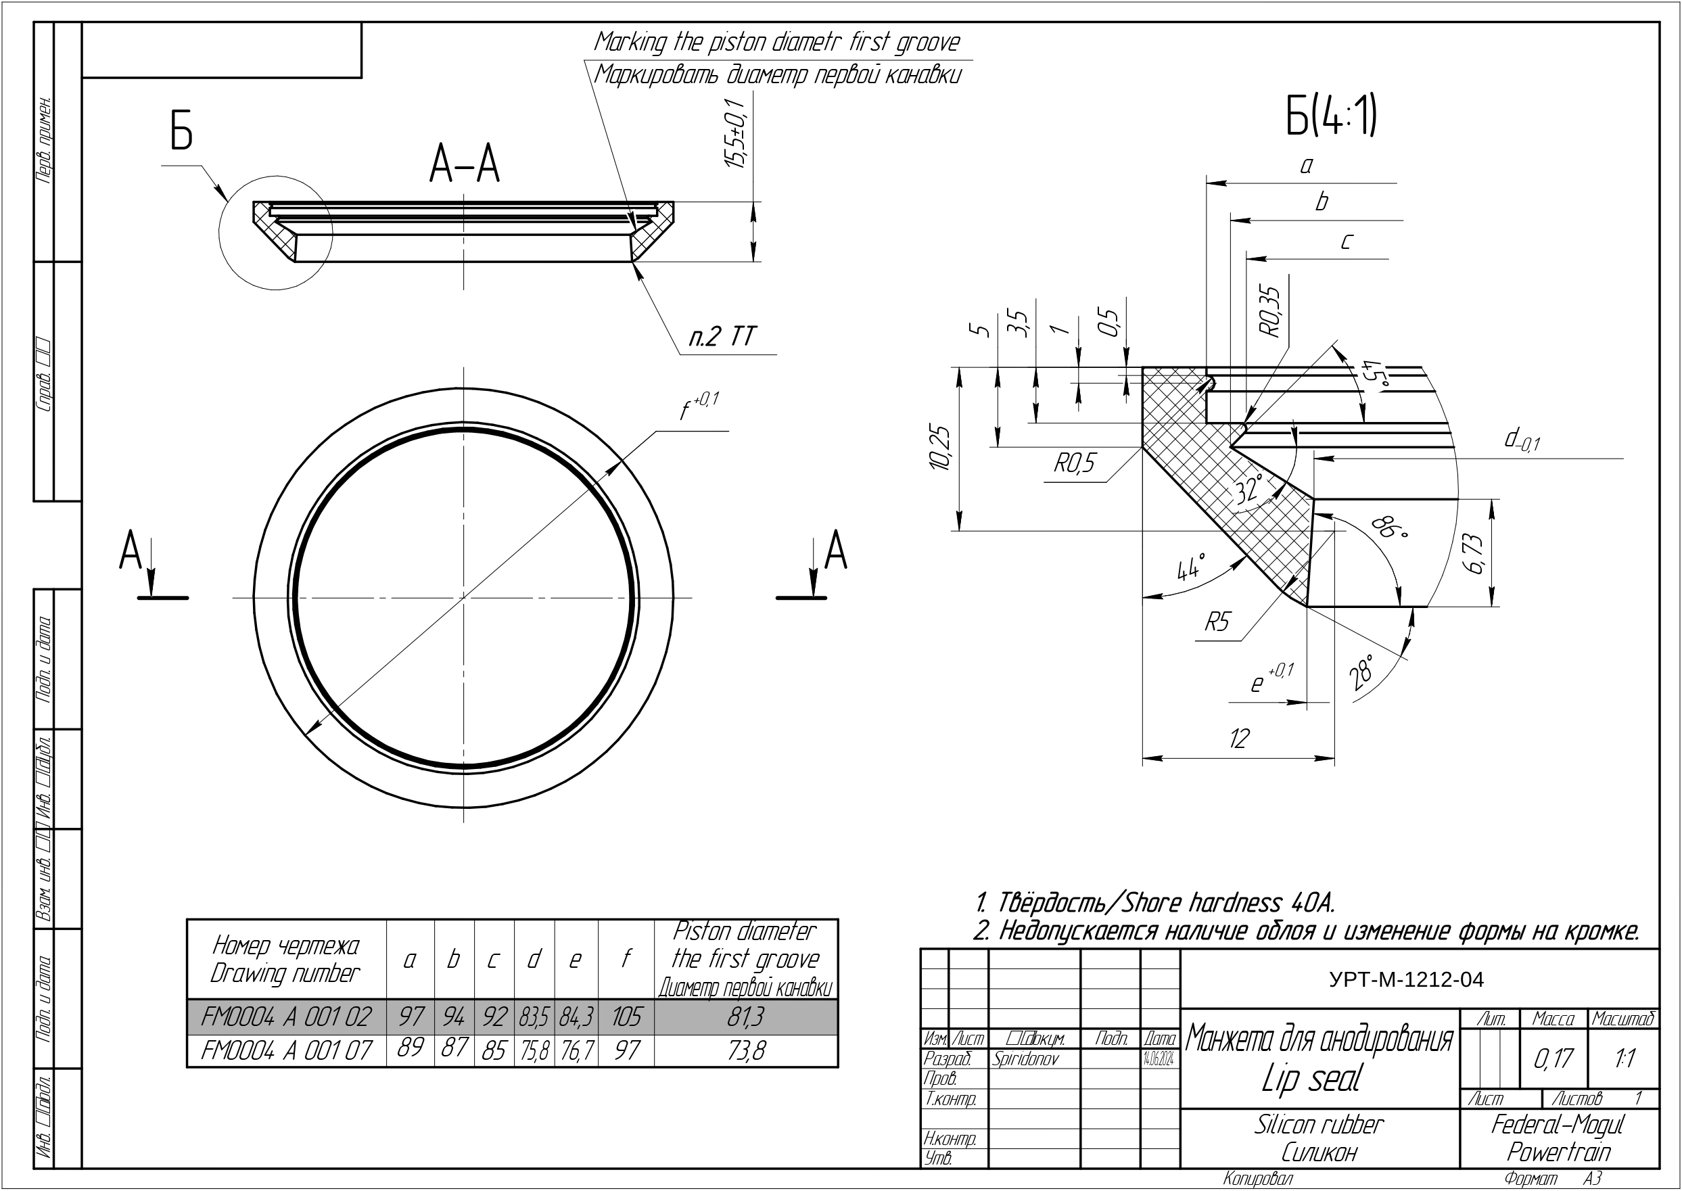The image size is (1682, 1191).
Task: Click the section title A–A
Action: coord(464,165)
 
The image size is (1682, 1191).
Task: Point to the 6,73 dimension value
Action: coord(1475,554)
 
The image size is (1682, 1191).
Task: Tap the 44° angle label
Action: coord(1191,567)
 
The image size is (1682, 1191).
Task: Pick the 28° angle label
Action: coord(1362,672)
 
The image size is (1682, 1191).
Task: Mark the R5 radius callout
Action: coord(1217,623)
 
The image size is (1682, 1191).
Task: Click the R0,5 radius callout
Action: coord(1075,463)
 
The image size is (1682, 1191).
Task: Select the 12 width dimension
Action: coord(1238,739)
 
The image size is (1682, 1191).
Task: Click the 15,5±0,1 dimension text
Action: coord(735,133)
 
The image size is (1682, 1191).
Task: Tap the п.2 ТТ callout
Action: coord(722,337)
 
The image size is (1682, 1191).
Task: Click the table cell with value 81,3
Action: coord(746,1017)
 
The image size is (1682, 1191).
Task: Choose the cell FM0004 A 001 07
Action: coord(286,1051)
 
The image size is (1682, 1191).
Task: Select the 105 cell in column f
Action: coord(626,1017)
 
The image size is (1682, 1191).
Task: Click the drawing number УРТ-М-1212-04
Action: coord(1406,980)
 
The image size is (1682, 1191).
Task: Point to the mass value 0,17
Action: coord(1553,1058)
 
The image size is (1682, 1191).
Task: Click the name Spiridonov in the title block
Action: coord(1025,1059)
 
